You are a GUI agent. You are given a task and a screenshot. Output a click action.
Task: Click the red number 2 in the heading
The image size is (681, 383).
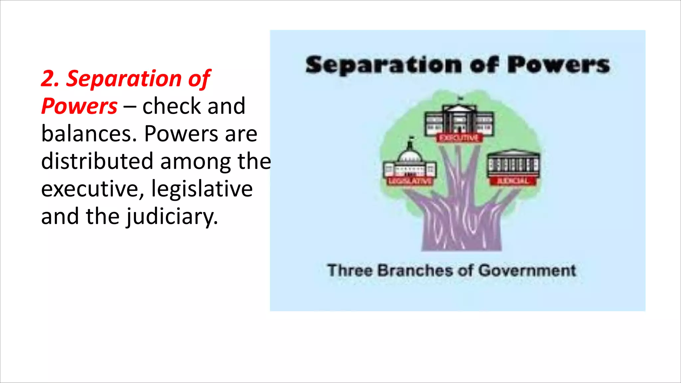tap(49, 79)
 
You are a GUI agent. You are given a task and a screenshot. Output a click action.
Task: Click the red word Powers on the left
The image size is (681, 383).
tap(79, 106)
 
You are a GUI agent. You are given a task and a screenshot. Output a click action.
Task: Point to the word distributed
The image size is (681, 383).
tap(97, 161)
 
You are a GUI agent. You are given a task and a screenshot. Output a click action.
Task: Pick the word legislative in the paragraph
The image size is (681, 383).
tap(202, 189)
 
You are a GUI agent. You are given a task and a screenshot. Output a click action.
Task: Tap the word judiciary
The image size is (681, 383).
tap(172, 217)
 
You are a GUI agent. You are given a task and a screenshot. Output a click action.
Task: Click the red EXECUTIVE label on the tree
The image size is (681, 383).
tap(459, 138)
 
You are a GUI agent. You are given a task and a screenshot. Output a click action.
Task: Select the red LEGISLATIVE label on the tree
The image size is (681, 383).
tap(410, 181)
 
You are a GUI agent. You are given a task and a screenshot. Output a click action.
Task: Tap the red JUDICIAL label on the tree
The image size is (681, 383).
tap(512, 181)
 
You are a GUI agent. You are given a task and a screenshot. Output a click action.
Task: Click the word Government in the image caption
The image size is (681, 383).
tap(527, 270)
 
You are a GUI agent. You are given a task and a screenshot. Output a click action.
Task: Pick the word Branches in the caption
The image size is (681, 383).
tap(415, 270)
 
